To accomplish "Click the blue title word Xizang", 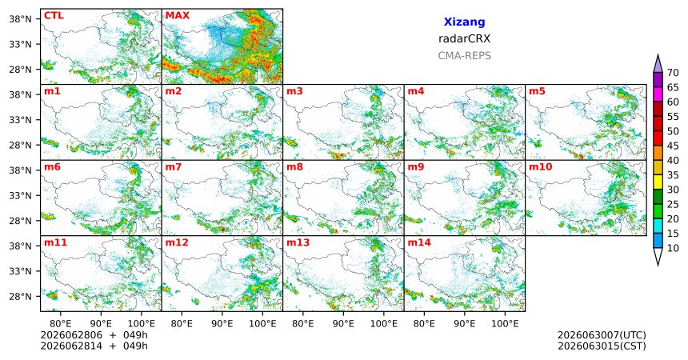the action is click(x=464, y=22).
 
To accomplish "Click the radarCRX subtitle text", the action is click(x=464, y=38).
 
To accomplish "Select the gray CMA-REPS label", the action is click(x=464, y=56).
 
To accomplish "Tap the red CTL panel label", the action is click(x=54, y=16).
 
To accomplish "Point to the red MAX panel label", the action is click(x=178, y=16).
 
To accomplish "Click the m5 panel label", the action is click(x=537, y=91).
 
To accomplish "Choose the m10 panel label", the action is click(x=541, y=167).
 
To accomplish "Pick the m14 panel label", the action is click(x=419, y=242).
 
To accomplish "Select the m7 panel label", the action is click(x=174, y=167).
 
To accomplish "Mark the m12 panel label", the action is click(x=177, y=242).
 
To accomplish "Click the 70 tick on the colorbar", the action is click(x=673, y=73).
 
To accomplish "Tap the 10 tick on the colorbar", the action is click(x=673, y=248).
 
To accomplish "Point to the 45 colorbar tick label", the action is click(x=673, y=146).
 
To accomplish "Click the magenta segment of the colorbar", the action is click(x=658, y=94).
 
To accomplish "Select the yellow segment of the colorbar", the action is click(x=658, y=182).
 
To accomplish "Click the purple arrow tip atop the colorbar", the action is click(x=658, y=54).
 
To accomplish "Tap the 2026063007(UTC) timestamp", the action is click(x=602, y=335).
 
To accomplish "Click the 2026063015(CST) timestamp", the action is click(x=602, y=346).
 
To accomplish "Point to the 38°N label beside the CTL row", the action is click(x=20, y=19).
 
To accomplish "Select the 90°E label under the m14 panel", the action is click(x=465, y=324).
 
